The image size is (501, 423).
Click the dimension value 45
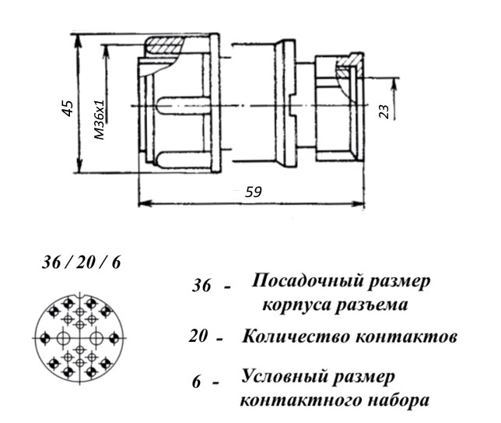click(x=68, y=108)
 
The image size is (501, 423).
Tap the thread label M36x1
click(x=100, y=119)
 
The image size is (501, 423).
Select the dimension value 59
click(x=253, y=192)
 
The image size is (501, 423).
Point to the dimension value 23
click(x=385, y=111)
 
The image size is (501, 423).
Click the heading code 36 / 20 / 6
click(x=81, y=263)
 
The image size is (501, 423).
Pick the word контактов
click(x=406, y=337)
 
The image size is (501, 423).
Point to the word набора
click(x=398, y=400)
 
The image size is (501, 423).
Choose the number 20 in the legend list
click(x=198, y=337)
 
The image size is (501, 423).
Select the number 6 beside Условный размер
click(x=197, y=382)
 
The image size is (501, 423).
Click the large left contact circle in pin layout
click(x=63, y=338)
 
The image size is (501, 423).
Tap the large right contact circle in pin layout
click(x=96, y=338)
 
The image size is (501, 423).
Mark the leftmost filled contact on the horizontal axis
click(x=45, y=338)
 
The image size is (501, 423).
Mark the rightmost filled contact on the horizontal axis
click(x=114, y=338)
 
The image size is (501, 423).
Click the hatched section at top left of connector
click(x=164, y=45)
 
